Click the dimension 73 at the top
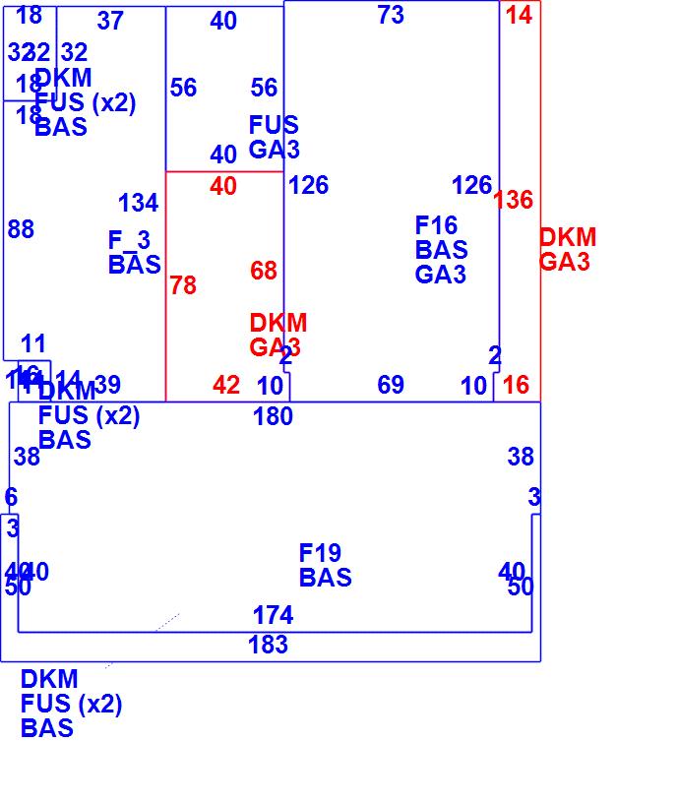tap(391, 15)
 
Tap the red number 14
tap(519, 15)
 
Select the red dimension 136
tap(513, 200)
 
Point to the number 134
tap(138, 203)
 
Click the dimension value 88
tap(21, 229)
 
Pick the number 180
tap(273, 416)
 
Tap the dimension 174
tap(273, 615)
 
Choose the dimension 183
tap(268, 645)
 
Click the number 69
tap(391, 385)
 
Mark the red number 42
tap(226, 386)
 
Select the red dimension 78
tap(183, 285)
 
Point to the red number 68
tap(264, 271)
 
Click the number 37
tap(110, 21)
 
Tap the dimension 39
tap(107, 385)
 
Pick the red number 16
tap(516, 385)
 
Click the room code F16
tap(436, 225)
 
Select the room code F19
tap(320, 553)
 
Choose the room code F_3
tap(129, 240)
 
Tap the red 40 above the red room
tap(223, 186)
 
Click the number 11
tap(33, 343)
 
